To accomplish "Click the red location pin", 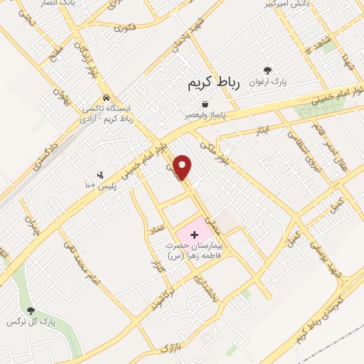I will pos(183,167).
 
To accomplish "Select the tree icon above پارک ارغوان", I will pos(267,70).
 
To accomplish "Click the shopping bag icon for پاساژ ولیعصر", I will pos(205,104).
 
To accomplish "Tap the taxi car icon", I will pos(105,97).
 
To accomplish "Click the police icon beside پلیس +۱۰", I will pos(100,174).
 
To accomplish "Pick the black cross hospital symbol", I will pos(194,234).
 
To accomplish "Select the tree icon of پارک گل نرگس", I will pos(30,310).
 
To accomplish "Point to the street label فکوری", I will pos(124,28).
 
